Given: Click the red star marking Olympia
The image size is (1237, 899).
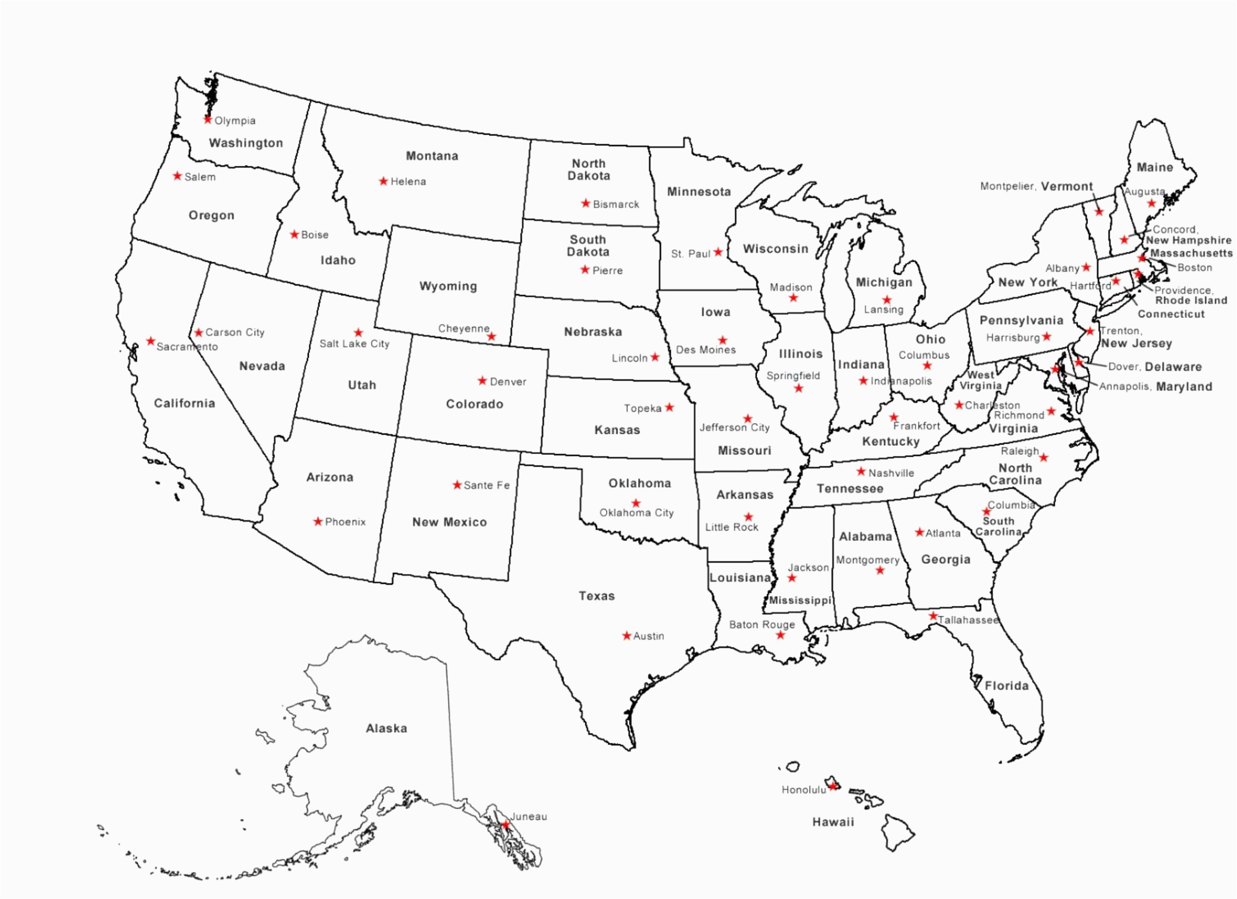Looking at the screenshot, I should click(207, 119).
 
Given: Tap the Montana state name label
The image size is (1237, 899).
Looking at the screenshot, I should click(432, 156).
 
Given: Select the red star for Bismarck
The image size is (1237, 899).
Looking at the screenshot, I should click(585, 203).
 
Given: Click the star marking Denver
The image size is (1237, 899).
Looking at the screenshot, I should click(482, 380).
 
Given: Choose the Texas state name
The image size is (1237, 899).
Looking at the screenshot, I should click(596, 596).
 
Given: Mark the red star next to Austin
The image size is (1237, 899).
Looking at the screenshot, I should click(626, 635).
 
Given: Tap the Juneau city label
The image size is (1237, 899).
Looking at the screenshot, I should click(528, 816).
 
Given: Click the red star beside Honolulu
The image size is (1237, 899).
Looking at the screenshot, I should click(832, 786).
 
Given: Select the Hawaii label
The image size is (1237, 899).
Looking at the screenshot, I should click(833, 822).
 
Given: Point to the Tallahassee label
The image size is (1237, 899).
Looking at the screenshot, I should click(968, 620).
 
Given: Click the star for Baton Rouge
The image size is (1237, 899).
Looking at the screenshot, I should click(780, 635).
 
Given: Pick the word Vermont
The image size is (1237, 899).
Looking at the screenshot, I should click(1066, 186).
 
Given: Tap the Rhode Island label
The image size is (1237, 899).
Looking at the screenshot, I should click(1191, 300).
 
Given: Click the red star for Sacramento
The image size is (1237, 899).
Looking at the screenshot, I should click(150, 341).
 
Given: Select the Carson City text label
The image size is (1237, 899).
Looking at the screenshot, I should click(235, 332).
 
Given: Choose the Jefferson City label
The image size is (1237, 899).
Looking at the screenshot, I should click(734, 427).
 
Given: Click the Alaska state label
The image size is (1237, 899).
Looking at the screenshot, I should click(386, 728).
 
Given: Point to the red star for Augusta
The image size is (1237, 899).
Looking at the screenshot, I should click(1151, 203).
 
